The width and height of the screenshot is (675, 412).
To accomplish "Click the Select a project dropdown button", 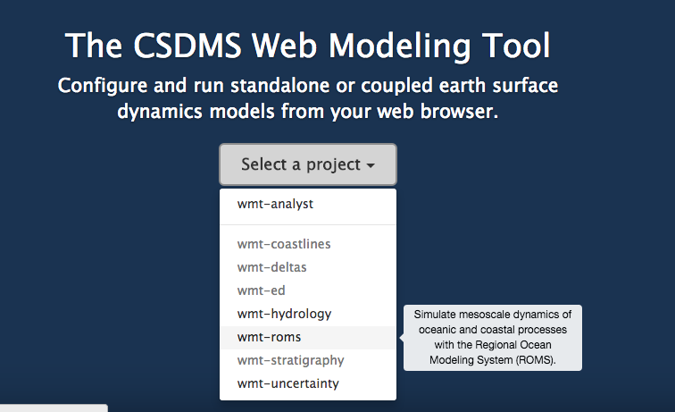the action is [x=308, y=164].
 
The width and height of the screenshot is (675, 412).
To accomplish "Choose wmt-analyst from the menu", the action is [x=275, y=204].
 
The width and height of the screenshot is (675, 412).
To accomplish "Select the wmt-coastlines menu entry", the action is [x=284, y=244].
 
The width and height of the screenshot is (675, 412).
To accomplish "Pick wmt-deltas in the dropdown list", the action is [x=271, y=267].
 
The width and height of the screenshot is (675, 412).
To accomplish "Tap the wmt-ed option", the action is [x=261, y=290].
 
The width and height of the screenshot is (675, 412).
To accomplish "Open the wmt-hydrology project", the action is [x=284, y=314].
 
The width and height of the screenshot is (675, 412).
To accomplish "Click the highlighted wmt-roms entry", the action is [x=269, y=337].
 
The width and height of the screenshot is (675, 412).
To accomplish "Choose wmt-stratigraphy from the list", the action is [x=290, y=360].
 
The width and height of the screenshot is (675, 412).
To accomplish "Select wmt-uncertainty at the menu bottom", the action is [x=288, y=383].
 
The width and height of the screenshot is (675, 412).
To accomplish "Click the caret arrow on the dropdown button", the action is [x=371, y=165].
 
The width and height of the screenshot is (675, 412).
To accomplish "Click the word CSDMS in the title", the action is [x=187, y=46].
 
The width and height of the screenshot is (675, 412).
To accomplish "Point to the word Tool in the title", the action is [x=516, y=46].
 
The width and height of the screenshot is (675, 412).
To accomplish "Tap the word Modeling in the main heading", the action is [x=399, y=46].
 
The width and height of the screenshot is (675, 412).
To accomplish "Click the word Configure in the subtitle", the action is [x=103, y=86].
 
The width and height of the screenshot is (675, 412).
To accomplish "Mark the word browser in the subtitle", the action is [x=459, y=112].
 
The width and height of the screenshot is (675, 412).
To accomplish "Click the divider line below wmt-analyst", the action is [x=308, y=224].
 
